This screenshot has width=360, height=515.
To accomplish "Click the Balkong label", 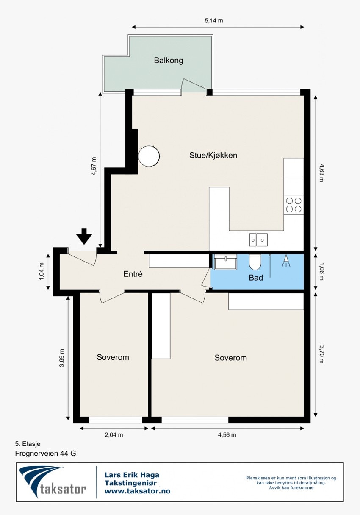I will [169, 61].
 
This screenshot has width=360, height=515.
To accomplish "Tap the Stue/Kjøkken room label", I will [213, 155].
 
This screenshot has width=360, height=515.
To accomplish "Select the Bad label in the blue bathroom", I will [256, 278].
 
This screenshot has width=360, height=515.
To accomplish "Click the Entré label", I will [133, 274].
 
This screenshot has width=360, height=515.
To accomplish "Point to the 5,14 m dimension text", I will [213, 20].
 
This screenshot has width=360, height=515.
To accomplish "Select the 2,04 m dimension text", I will [114, 434].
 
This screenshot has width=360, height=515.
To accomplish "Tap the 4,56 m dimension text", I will [227, 434].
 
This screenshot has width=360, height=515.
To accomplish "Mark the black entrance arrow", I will [84, 236].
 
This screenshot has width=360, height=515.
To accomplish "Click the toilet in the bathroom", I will [255, 262].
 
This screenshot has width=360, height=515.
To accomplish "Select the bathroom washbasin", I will [225, 262].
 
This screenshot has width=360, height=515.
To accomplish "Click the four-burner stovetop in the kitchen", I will [294, 205].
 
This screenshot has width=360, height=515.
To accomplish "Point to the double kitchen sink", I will [258, 240].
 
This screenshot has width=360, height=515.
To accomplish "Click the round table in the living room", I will [149, 156].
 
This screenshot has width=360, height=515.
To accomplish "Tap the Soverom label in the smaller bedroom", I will [113, 357].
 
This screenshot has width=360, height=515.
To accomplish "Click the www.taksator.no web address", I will [137, 491].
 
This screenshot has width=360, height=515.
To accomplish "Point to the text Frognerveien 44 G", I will [45, 453].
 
